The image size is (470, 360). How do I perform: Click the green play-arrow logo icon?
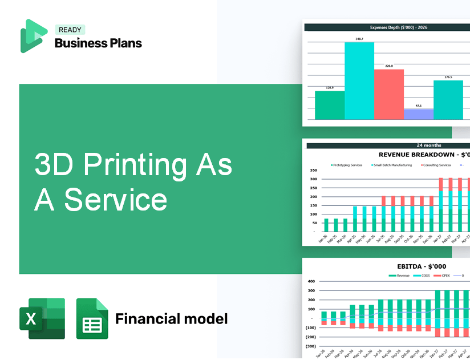(34, 35)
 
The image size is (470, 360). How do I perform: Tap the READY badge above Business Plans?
(70, 30)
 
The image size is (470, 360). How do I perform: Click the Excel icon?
(42, 318)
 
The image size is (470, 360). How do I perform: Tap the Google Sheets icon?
(92, 318)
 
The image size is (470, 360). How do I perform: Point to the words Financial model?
(171, 318)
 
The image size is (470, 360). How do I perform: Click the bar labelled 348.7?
(359, 80)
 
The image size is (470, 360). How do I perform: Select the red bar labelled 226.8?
(389, 94)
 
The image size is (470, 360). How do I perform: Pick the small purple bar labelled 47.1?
(418, 114)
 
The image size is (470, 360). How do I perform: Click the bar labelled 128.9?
(330, 105)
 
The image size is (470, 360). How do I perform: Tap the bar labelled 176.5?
(448, 100)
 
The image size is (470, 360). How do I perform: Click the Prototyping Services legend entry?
(347, 165)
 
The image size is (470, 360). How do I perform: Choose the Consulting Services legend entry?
(436, 165)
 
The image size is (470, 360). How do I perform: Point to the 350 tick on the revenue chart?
(313, 171)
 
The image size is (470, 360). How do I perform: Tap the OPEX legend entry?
(445, 276)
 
